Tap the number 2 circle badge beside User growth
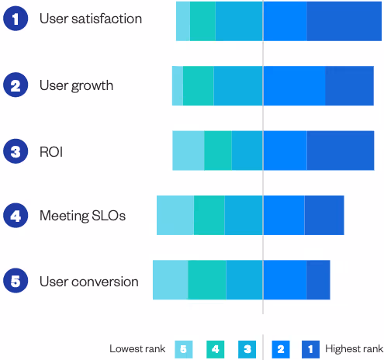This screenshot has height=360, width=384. coord(15,85)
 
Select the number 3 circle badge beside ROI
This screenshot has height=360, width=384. coord(15,151)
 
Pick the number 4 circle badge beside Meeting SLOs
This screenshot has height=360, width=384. coord(15,215)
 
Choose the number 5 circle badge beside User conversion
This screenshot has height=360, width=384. coord(15,281)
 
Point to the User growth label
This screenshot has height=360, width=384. coord(76,85)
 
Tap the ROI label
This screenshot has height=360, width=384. coord(50,151)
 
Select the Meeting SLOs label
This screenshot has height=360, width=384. coord(82,216)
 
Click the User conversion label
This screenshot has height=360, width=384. coord(88,282)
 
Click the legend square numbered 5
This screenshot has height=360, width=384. coord(183,349)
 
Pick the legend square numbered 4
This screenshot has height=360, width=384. coord(215,349)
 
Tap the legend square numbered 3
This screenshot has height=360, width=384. coord(247,349)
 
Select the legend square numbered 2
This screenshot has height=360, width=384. coord(280,349)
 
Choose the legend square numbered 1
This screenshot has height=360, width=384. coord(311,349)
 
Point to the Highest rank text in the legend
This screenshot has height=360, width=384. coord(354,349)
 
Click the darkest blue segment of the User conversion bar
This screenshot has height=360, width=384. coord(318,279)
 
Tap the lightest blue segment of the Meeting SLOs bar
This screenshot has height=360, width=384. coord(175,215)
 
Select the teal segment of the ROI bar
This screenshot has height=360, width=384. coord(217,150)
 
